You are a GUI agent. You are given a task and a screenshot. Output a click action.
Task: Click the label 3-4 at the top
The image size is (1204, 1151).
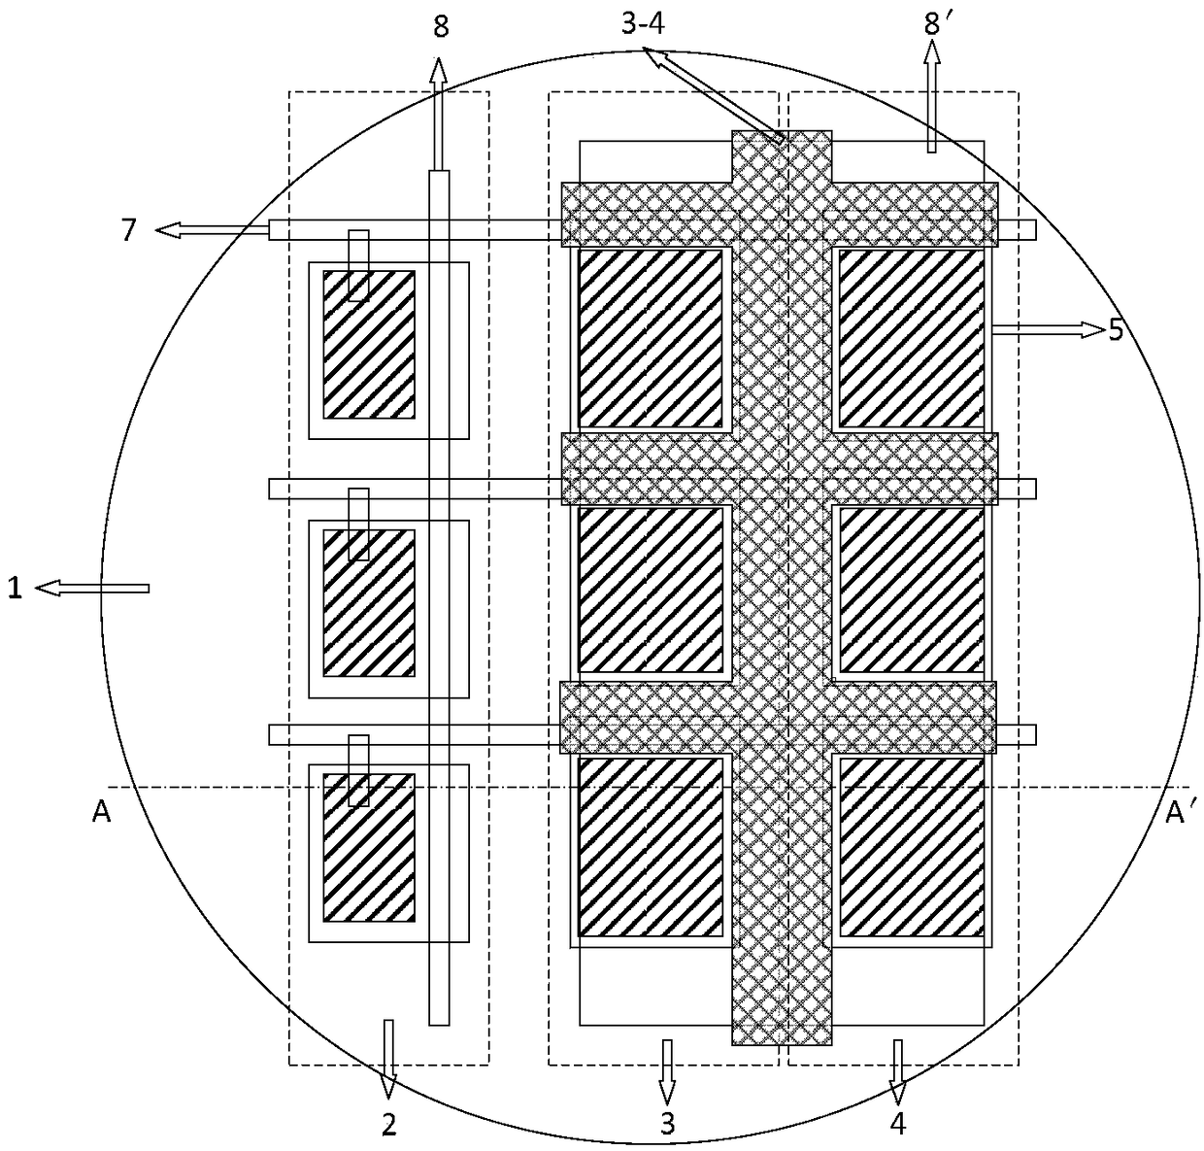tap(642, 24)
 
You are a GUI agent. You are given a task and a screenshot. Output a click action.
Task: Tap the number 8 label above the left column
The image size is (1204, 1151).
tap(441, 26)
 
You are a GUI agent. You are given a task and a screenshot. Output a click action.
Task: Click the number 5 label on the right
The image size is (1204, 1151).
tap(1116, 330)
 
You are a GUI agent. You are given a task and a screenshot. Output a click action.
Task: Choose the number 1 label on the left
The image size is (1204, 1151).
tap(15, 588)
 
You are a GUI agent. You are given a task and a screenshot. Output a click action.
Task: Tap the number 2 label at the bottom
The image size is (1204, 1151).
tap(388, 1125)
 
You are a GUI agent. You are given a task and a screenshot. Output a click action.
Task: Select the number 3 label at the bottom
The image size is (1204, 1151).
tap(667, 1125)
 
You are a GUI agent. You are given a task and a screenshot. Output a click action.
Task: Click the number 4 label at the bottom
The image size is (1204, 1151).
tap(898, 1125)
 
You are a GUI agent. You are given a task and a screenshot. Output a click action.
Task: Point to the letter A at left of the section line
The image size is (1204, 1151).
tap(101, 813)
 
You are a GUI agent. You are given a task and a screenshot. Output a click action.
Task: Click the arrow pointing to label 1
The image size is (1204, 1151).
tap(93, 588)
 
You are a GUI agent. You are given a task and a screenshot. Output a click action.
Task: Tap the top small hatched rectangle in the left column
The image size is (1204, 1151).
tap(369, 344)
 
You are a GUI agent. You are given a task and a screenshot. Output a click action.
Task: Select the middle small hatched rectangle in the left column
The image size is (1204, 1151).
tap(369, 602)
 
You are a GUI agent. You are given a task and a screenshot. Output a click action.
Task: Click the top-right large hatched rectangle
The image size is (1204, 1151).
tap(910, 338)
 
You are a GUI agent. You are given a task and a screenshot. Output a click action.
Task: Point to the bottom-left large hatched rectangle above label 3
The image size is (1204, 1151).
tap(652, 847)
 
